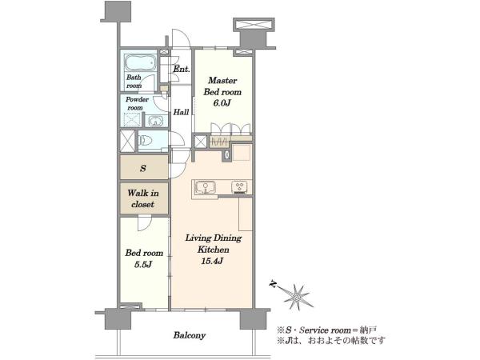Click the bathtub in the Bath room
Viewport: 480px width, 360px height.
click(141, 64)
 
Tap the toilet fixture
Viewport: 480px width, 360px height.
click(146, 141)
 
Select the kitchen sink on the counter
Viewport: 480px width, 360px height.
click(206, 187)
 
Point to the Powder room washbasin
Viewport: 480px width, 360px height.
click(156, 121)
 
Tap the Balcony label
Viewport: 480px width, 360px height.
click(189, 335)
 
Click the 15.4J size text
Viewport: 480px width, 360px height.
click(211, 261)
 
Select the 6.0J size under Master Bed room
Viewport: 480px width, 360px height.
click(222, 103)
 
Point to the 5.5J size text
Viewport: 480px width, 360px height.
click(143, 265)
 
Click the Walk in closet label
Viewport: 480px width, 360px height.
click(143, 198)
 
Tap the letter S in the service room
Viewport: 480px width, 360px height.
click(143, 168)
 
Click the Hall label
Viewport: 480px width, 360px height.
click(182, 112)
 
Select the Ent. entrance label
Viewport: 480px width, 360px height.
click(182, 69)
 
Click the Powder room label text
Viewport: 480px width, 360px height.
click(137, 103)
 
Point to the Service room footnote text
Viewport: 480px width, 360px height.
click(327, 330)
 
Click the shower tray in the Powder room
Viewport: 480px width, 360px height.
click(132, 120)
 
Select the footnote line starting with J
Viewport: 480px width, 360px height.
click(331, 341)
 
